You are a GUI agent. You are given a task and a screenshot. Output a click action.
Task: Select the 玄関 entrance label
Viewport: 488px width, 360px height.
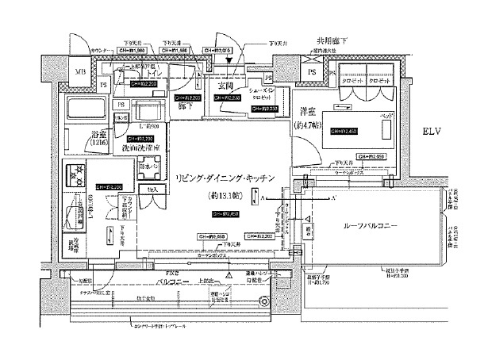point(225,86)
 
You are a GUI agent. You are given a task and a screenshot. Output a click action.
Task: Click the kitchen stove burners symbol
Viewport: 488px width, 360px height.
point(78,172)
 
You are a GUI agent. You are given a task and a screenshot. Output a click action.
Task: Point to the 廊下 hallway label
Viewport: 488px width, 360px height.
point(186,104)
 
